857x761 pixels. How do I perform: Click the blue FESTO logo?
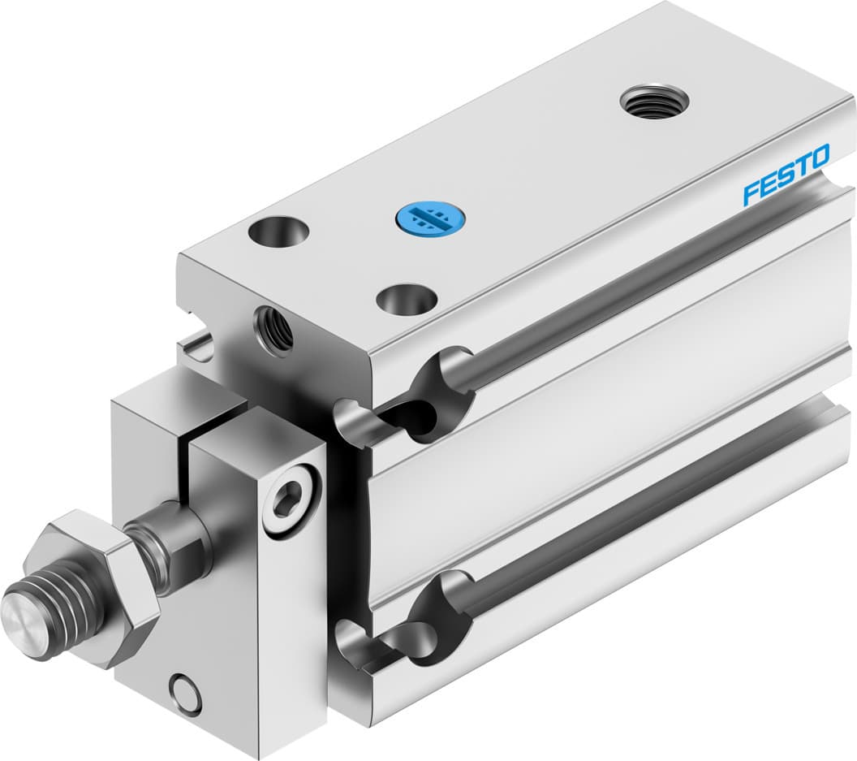(x=786, y=174)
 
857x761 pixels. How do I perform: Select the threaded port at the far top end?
(x=654, y=102)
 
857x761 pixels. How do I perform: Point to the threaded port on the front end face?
(x=273, y=327)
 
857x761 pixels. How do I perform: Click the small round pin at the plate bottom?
(x=186, y=695)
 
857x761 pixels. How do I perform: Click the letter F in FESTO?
(x=751, y=192)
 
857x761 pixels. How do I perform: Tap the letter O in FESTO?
(x=820, y=156)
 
